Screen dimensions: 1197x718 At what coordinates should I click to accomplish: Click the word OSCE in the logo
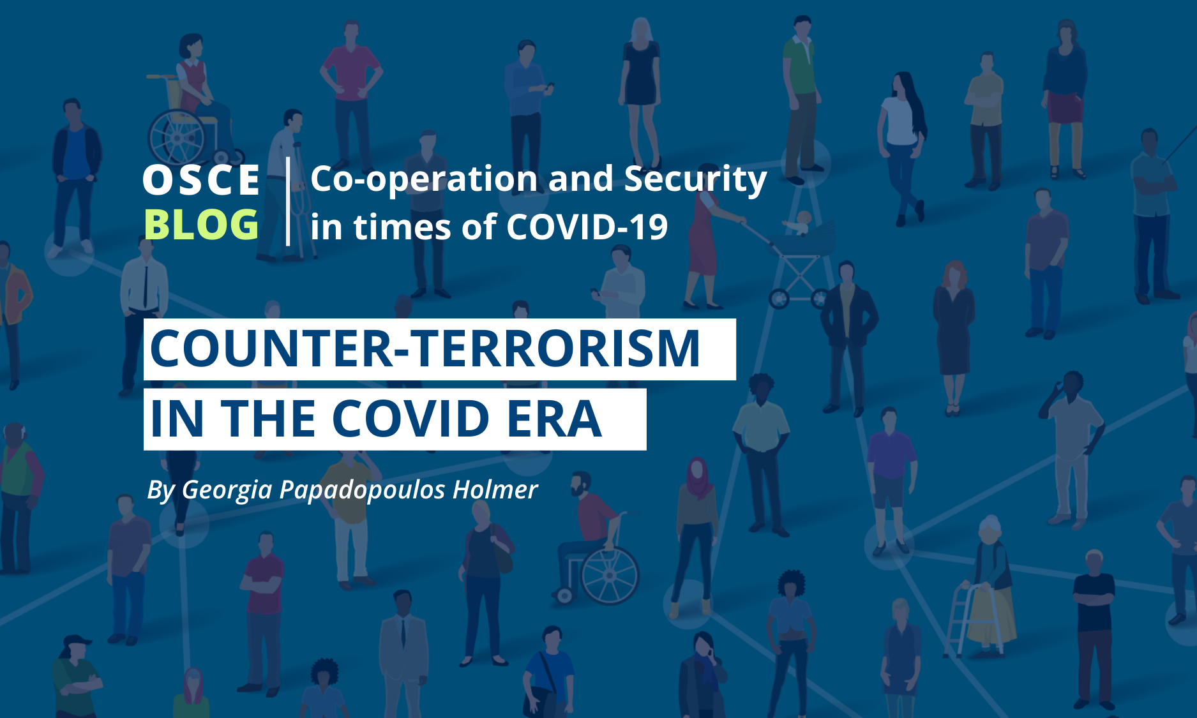pos(201,180)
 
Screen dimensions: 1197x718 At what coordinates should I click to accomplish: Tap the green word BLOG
pos(201,225)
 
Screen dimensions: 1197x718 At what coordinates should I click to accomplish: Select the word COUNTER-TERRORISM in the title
pos(425,348)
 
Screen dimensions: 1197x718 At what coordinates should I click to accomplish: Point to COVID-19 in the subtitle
pos(587,227)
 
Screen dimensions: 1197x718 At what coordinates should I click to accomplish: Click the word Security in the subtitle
pos(695,180)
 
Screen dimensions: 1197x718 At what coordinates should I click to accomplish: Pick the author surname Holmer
pos(495,490)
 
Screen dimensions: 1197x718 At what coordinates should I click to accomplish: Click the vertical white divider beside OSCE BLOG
pos(289,201)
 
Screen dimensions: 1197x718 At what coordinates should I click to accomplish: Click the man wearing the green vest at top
pos(800,96)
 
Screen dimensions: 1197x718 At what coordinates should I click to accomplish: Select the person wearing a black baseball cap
pos(75,677)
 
